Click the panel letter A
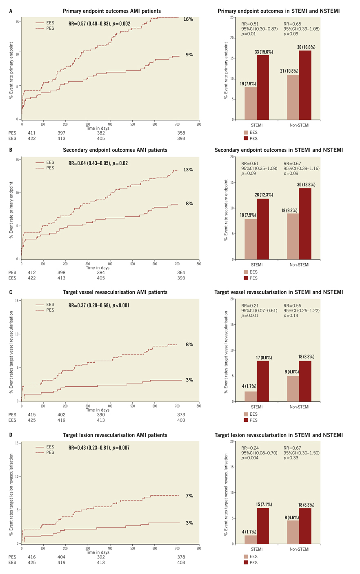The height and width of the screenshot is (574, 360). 11,11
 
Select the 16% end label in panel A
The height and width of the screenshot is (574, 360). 188,19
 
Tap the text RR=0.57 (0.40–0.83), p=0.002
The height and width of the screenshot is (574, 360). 99,24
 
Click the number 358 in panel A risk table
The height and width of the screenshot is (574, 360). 181,133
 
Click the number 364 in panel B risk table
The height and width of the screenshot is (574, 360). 181,273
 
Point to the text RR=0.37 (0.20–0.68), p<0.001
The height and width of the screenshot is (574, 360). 99,305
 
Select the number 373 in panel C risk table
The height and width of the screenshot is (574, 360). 181,414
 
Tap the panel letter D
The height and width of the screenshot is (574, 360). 11,435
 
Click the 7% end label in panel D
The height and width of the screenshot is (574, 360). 189,496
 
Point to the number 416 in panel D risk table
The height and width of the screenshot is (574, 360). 31,556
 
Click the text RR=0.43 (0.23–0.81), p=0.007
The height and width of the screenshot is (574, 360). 99,448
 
